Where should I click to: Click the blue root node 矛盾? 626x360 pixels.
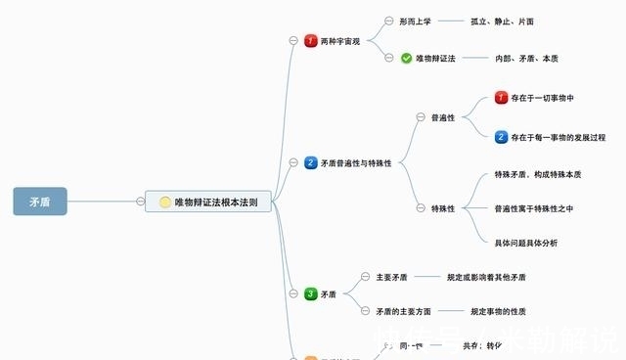coord(40,202)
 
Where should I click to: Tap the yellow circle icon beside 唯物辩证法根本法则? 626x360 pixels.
coord(165,202)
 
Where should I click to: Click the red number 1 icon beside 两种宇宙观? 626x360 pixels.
coord(311,41)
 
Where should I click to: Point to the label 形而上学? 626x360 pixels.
coord(415,21)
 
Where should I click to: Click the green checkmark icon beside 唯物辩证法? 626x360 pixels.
coord(406,59)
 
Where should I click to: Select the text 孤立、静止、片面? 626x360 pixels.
coord(502,21)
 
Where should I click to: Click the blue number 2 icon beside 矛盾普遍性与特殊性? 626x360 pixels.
coord(311,163)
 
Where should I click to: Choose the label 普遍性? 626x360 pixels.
coord(443,117)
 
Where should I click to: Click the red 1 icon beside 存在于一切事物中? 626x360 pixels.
coord(502,98)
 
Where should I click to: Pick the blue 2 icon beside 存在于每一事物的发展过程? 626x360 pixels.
coord(502,138)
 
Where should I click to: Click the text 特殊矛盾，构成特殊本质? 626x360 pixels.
coord(538,174)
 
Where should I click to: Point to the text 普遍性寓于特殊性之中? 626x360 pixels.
coord(533,208)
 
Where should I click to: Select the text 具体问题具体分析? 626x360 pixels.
coord(525,243)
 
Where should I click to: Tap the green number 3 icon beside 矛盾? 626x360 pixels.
coord(311,293)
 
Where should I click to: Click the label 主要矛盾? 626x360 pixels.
coord(391,277)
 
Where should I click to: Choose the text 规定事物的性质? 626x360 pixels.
coord(498,311)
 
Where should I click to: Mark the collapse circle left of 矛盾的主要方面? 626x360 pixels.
coord(365,311)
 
